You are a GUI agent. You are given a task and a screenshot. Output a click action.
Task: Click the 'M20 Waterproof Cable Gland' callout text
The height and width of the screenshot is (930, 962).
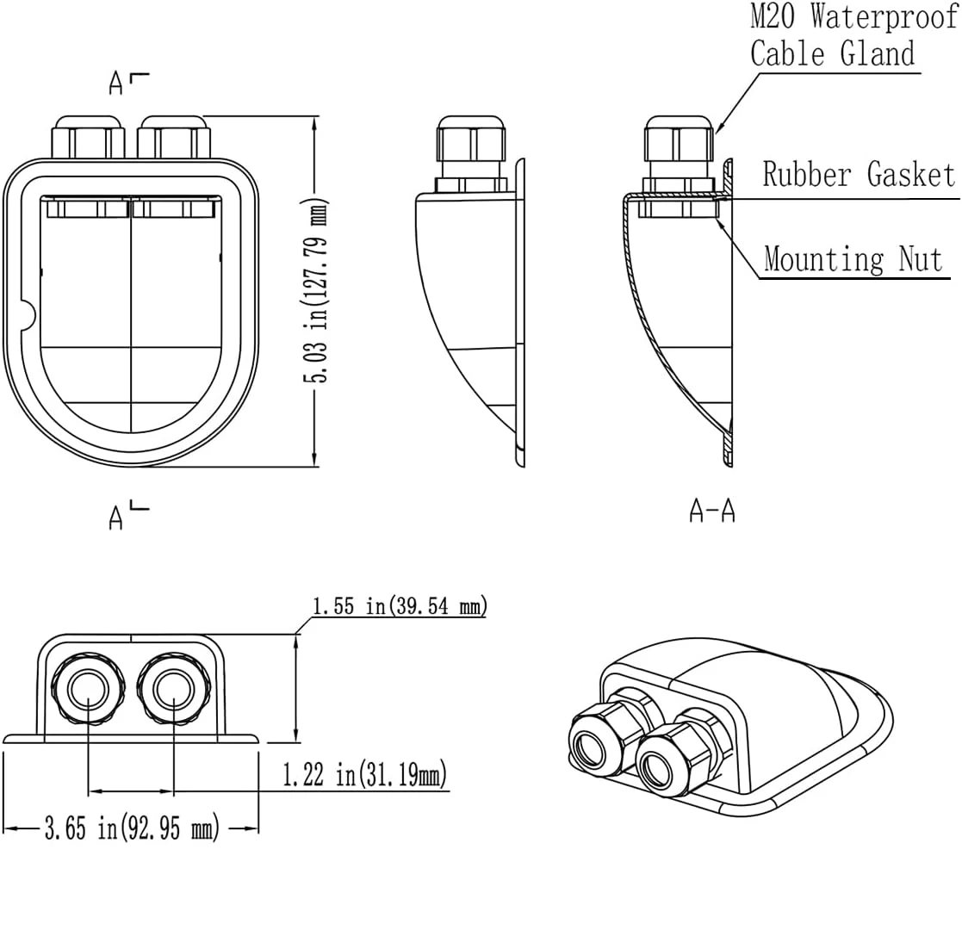point(853,34)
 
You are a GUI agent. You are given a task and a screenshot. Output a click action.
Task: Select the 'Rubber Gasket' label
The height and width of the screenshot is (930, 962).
point(859,174)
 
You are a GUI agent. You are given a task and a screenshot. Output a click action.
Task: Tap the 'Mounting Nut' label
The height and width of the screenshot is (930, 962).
point(853,258)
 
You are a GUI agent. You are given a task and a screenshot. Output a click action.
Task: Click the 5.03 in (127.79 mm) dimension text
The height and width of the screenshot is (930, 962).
point(317,290)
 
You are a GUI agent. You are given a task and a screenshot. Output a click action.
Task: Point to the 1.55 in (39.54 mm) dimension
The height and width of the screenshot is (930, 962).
point(400,606)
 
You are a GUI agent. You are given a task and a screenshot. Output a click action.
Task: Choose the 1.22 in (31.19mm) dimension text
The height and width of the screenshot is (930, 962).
point(364,774)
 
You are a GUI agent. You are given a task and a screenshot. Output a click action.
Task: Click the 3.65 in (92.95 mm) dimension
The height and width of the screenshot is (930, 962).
point(132,828)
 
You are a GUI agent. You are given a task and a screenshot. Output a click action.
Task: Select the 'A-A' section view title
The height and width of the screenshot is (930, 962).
point(711,511)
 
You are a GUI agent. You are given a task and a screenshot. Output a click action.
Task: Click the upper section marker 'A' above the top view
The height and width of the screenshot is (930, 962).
point(116,84)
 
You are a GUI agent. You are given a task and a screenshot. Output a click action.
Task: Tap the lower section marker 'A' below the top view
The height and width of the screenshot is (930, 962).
point(116,518)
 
